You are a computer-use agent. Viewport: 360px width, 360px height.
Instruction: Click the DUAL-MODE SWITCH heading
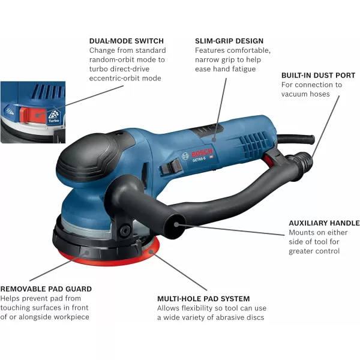(127, 41)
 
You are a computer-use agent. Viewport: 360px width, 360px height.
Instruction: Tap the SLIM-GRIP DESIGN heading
(229, 41)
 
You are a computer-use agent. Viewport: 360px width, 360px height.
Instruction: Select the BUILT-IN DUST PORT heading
(318, 76)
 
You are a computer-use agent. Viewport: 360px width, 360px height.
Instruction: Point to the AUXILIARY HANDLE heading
(324, 223)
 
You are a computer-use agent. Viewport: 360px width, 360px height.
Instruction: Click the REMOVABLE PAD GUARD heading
(46, 289)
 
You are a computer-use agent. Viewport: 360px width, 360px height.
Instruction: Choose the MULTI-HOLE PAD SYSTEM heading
(203, 299)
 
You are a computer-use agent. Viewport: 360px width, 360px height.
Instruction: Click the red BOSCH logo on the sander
(202, 152)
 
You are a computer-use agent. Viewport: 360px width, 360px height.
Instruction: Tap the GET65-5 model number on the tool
(199, 159)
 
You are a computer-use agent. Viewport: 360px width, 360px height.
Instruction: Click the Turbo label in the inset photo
(54, 121)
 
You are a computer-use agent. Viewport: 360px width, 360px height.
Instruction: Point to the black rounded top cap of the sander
(88, 156)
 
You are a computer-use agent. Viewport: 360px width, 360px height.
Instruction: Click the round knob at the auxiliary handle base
(125, 230)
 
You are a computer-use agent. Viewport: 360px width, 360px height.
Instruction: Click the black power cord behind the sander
(296, 139)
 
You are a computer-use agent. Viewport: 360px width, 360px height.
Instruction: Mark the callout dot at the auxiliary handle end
(176, 224)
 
